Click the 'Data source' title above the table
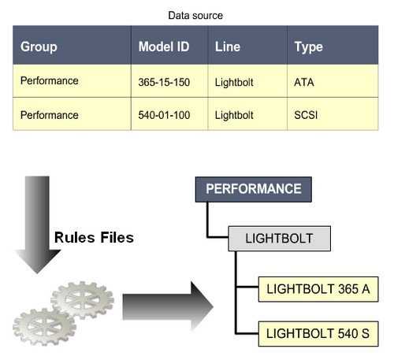[196, 14]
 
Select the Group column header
[39, 47]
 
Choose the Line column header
[228, 47]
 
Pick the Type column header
[308, 47]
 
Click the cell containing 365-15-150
[163, 80]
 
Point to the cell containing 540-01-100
[163, 115]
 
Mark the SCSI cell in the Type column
[307, 115]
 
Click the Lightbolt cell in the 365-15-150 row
[234, 80]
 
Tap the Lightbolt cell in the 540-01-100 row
[234, 115]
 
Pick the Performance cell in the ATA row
[49, 80]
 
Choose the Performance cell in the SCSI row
[49, 115]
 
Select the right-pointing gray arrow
[166, 301]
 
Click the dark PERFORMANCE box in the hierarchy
[253, 190]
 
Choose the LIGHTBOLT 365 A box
[318, 289]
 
